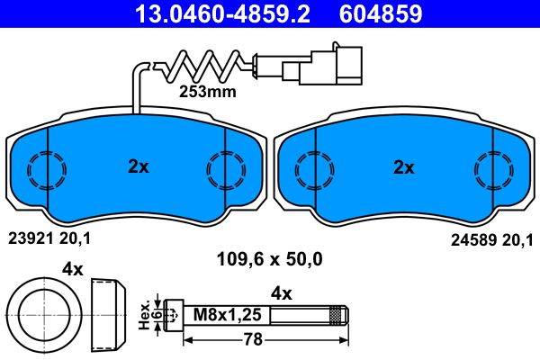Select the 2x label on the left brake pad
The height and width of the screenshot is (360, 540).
[x=138, y=166]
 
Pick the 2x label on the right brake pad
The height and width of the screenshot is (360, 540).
[x=404, y=166]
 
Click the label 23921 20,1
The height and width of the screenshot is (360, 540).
[x=49, y=238]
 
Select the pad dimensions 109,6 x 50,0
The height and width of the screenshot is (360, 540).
[x=270, y=260]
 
